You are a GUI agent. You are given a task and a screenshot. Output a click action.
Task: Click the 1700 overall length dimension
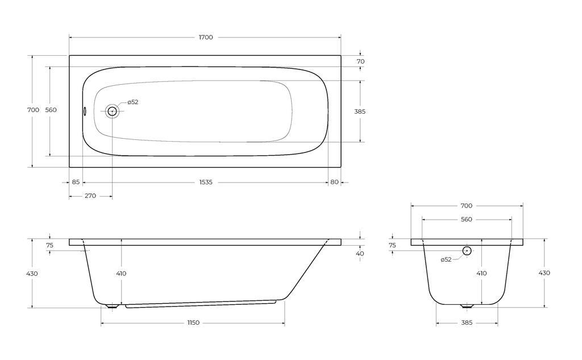[x=206, y=37]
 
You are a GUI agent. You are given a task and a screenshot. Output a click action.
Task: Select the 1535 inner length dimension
[x=206, y=182]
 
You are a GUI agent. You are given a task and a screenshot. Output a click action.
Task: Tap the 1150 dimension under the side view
[x=193, y=322]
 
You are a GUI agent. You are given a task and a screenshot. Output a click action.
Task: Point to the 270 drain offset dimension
[x=90, y=196]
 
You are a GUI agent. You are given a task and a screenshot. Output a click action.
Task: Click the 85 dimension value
[x=76, y=182]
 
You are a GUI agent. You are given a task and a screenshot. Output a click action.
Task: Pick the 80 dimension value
[x=334, y=182]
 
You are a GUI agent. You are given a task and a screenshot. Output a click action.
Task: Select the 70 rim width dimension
[x=360, y=61]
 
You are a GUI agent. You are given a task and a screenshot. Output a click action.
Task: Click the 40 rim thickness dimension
[x=360, y=254]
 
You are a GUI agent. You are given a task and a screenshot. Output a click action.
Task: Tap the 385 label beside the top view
[x=360, y=111]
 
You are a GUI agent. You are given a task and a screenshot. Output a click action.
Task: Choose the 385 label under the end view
[x=467, y=322]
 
